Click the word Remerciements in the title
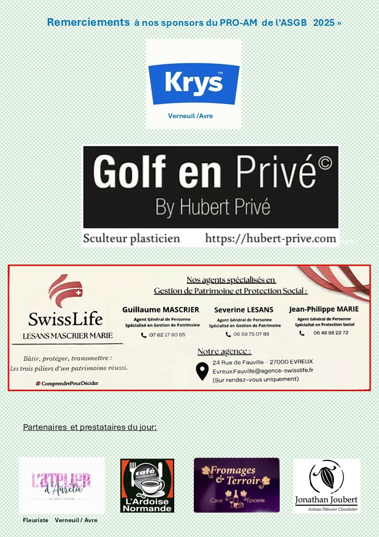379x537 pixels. [x=88, y=22]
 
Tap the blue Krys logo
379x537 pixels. [x=194, y=83]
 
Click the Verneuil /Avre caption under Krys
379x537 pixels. [x=190, y=116]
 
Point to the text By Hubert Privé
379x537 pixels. [x=213, y=208]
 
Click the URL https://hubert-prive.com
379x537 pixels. [x=271, y=238]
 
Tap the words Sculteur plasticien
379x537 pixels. [x=132, y=238]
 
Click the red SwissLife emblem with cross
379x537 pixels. [x=65, y=292]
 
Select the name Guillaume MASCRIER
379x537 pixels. [x=160, y=310]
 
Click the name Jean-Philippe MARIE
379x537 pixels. [x=324, y=309]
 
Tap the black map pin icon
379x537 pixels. [x=202, y=371]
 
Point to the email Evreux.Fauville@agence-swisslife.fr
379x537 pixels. [x=263, y=371]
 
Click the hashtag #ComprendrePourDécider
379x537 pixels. [x=67, y=383]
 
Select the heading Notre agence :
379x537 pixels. [x=224, y=352]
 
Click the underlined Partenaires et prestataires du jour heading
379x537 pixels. [x=90, y=427]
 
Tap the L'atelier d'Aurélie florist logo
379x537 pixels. [x=62, y=484]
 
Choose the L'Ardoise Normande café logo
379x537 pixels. [x=147, y=485]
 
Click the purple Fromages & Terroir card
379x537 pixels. [x=236, y=485]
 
